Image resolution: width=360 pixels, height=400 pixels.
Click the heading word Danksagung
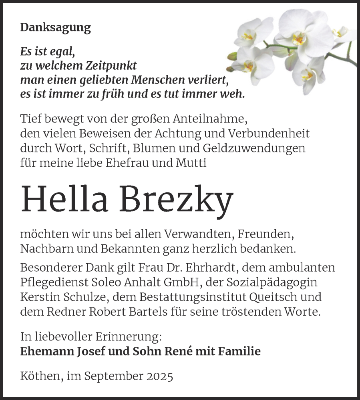click(x=55, y=28)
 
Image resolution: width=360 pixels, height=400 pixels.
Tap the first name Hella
click(x=64, y=200)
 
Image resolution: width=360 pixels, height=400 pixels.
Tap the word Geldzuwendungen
click(x=255, y=148)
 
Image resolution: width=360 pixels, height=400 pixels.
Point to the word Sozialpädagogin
click(x=272, y=282)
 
